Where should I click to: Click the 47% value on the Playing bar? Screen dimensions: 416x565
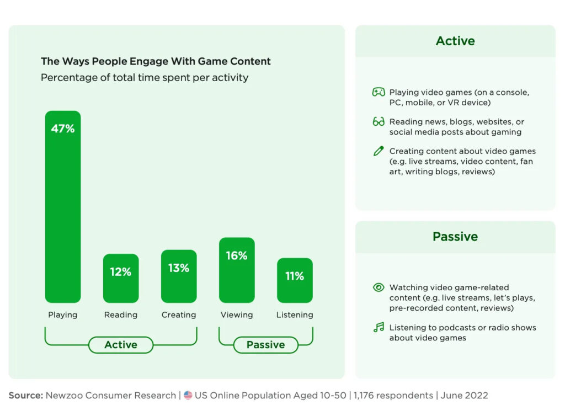click(x=62, y=129)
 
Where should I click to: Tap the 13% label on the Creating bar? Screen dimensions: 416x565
click(x=179, y=268)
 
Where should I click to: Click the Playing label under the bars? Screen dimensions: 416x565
click(x=62, y=315)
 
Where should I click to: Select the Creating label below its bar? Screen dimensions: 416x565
click(x=179, y=315)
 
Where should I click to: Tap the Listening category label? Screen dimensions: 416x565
click(x=295, y=315)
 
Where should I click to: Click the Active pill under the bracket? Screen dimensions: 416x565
click(x=121, y=345)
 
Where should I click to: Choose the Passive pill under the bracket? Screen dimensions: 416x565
click(x=265, y=345)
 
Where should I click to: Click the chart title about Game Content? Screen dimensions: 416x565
click(x=156, y=61)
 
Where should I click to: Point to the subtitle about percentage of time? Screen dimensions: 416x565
click(x=145, y=77)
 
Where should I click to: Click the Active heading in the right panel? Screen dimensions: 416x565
click(x=455, y=41)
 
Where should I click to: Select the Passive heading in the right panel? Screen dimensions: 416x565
click(x=455, y=237)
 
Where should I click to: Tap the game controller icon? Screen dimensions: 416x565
click(x=379, y=92)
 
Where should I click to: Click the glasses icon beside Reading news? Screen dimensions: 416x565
click(x=379, y=122)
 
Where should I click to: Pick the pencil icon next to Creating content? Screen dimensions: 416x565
click(x=379, y=151)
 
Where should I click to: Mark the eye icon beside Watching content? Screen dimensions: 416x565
click(x=379, y=287)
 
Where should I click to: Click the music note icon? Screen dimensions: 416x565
click(x=379, y=327)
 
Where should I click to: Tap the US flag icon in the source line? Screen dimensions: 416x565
click(x=188, y=396)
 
